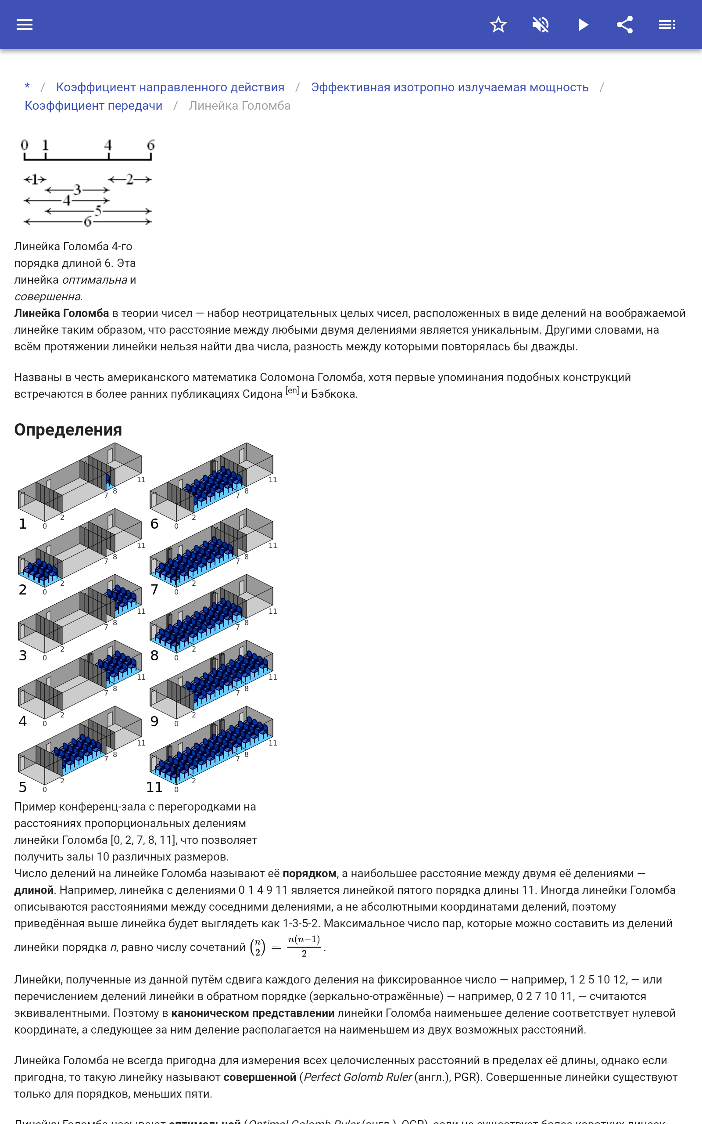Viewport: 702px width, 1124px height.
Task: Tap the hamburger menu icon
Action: pyautogui.click(x=25, y=25)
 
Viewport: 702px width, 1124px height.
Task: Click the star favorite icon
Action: pyautogui.click(x=498, y=25)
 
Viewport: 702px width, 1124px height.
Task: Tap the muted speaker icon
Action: pyautogui.click(x=541, y=25)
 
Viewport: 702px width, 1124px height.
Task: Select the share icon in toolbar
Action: pyautogui.click(x=625, y=25)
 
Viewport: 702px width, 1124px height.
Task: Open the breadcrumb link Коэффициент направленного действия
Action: pyautogui.click(x=170, y=87)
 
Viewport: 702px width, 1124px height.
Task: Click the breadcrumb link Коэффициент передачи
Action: pyautogui.click(x=93, y=106)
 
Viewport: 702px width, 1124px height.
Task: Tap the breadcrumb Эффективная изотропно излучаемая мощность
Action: pyautogui.click(x=449, y=87)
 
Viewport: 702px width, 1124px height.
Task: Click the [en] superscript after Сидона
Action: pyautogui.click(x=292, y=391)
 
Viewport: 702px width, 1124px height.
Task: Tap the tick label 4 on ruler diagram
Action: pyautogui.click(x=108, y=145)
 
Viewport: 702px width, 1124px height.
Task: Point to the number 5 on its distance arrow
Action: pyautogui.click(x=98, y=211)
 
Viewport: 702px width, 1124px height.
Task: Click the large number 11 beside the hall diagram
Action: pyautogui.click(x=154, y=787)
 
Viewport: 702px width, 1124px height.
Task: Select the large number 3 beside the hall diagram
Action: pyautogui.click(x=23, y=656)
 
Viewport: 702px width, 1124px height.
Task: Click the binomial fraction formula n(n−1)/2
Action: pyautogui.click(x=304, y=946)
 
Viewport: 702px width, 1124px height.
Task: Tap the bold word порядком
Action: pyautogui.click(x=309, y=874)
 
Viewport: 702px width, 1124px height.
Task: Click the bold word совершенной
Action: pyautogui.click(x=260, y=1077)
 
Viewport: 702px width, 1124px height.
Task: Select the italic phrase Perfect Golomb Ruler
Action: pyautogui.click(x=358, y=1077)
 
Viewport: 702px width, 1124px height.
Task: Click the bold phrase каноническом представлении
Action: pyautogui.click(x=253, y=1013)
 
